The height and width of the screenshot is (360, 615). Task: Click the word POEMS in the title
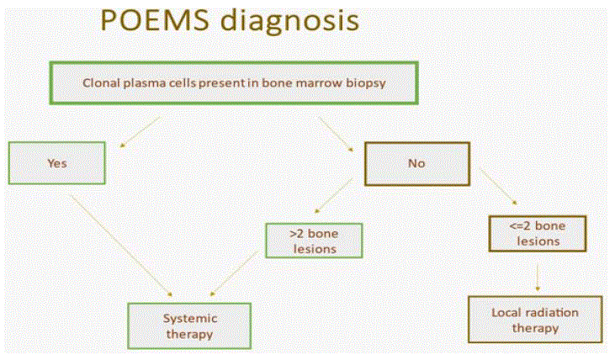[x=155, y=19]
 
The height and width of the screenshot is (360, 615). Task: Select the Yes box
[x=57, y=163]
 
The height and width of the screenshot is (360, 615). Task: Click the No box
[x=417, y=163]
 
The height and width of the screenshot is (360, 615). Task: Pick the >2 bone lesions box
[x=314, y=241]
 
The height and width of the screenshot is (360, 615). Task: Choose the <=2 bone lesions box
[x=538, y=233]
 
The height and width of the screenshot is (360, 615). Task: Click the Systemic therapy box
[x=189, y=326]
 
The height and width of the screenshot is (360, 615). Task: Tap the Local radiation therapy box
[x=535, y=320]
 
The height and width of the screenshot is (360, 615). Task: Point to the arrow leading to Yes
[x=140, y=131]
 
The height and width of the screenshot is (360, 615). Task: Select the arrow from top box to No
[x=336, y=134]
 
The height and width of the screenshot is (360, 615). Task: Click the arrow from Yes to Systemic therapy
[x=121, y=245]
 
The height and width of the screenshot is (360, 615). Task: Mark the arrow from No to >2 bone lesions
[x=334, y=195]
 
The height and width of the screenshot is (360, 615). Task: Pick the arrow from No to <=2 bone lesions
[x=499, y=187]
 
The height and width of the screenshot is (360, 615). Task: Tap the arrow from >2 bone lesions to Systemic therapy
[x=234, y=273]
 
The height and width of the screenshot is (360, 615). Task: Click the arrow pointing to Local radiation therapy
[x=538, y=278]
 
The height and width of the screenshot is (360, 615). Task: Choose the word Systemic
[x=190, y=319]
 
